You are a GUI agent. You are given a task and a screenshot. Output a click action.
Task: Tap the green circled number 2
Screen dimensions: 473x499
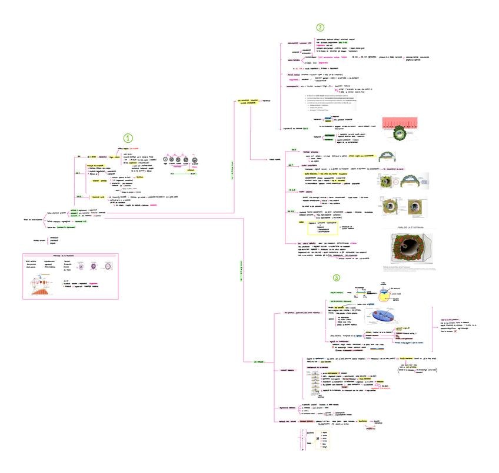pyautogui.click(x=320, y=27)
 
